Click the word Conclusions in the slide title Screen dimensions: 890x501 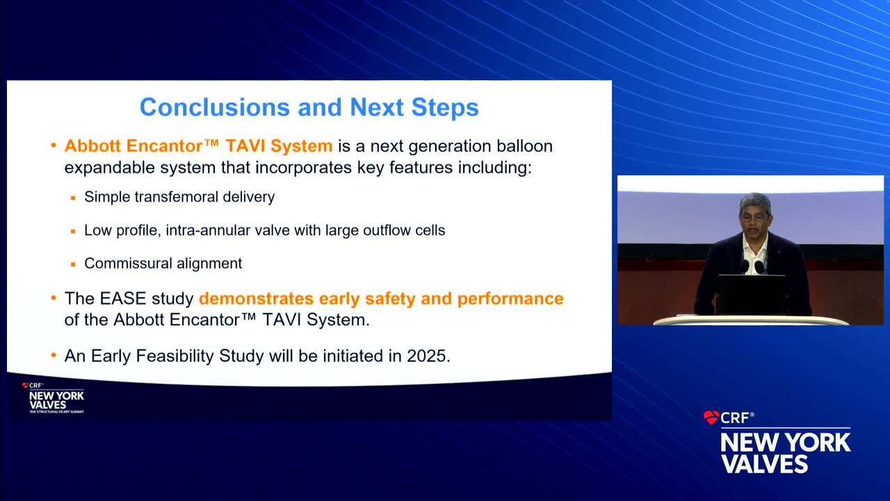coord(215,107)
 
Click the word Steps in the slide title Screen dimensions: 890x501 coord(445,108)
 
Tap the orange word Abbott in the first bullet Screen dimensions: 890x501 coord(92,145)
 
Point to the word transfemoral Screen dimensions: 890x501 coord(177,197)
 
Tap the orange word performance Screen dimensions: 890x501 coord(510,299)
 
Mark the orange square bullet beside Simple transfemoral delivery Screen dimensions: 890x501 coord(73,198)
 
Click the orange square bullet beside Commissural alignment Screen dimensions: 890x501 coord(73,264)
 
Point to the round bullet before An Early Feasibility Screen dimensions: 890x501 coord(54,356)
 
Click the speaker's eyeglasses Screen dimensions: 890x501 coord(753,217)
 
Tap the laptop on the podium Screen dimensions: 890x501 coord(752,294)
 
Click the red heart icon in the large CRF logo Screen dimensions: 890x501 coord(711,417)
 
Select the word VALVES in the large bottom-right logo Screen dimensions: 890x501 coord(765,463)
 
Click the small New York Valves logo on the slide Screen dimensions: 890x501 coord(54,397)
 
